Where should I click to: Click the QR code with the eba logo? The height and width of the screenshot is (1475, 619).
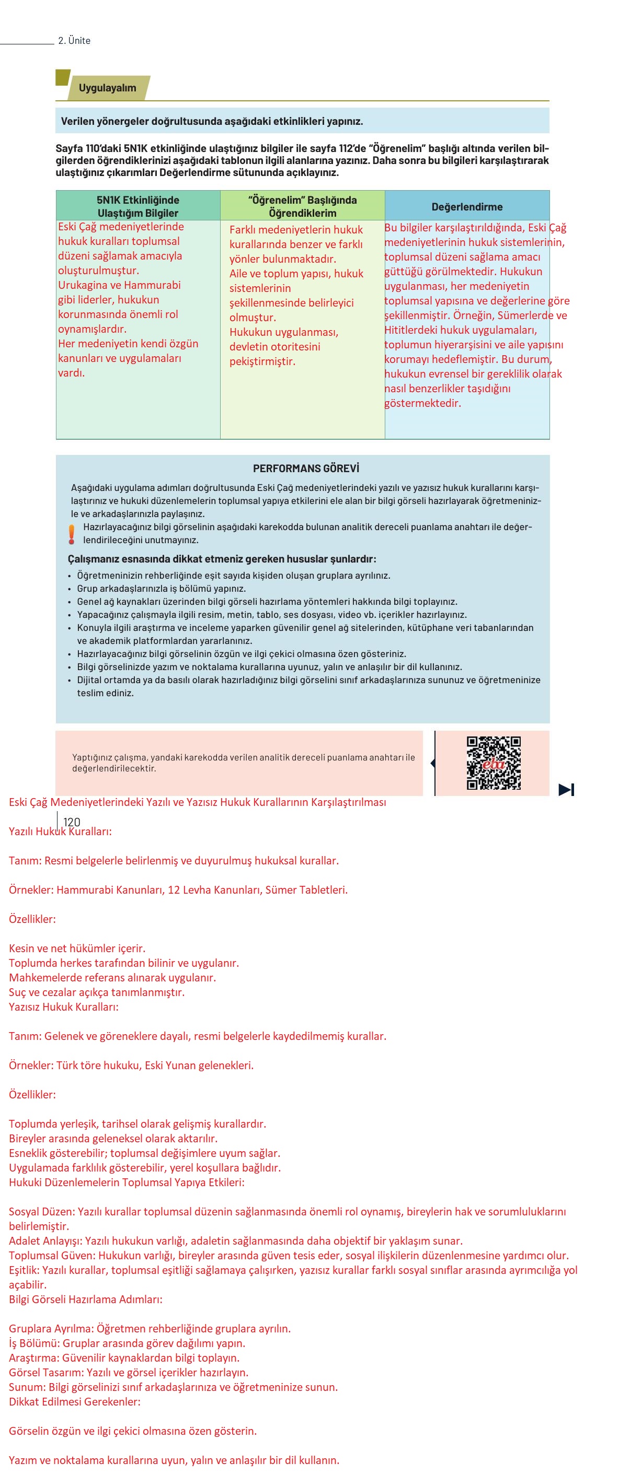[x=494, y=763]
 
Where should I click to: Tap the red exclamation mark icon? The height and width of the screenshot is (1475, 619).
[x=72, y=534]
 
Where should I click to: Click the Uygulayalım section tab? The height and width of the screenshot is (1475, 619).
[x=107, y=88]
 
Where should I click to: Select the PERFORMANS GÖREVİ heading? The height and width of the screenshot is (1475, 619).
[x=306, y=469]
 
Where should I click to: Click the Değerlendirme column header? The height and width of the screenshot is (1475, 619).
[x=466, y=207]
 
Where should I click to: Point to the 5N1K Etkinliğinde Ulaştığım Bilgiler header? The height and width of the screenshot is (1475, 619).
[x=137, y=206]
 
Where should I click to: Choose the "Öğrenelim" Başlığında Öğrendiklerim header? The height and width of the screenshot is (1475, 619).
[x=302, y=206]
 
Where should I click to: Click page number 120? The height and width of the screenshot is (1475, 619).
[x=72, y=822]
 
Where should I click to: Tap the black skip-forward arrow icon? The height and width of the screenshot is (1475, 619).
[x=566, y=790]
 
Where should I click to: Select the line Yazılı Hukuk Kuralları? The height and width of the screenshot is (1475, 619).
[x=60, y=832]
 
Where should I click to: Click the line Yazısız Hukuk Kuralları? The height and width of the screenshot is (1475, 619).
[x=64, y=1006]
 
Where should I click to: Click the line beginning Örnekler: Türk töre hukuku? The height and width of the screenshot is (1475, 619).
[x=131, y=1065]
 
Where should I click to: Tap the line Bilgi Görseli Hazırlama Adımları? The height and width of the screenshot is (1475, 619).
[x=85, y=1299]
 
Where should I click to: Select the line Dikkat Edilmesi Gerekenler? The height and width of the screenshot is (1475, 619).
[x=75, y=1402]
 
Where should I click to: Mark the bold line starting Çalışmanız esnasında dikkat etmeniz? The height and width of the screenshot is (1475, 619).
[x=222, y=559]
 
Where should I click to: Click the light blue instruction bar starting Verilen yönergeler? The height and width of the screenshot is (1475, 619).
[x=302, y=121]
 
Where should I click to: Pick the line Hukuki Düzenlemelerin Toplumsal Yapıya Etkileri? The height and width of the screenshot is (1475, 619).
[x=126, y=1183]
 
